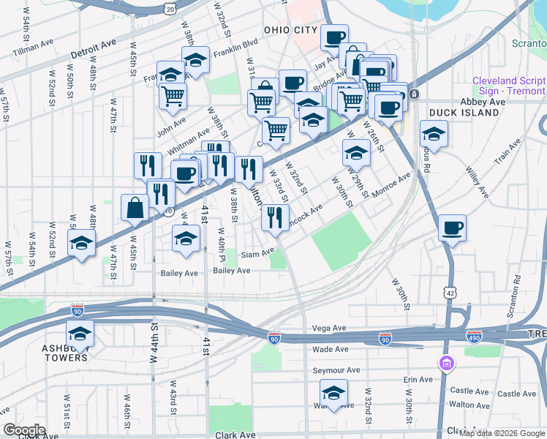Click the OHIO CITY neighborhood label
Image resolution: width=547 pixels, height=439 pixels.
(x=291, y=30)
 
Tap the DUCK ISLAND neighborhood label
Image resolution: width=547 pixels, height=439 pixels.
(x=457, y=112)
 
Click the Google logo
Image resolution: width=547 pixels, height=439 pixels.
(x=24, y=429)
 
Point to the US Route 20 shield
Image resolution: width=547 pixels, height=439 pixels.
(x=170, y=8)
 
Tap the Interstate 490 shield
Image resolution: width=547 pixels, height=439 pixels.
(x=475, y=336)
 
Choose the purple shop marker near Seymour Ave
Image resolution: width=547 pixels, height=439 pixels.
(x=445, y=363)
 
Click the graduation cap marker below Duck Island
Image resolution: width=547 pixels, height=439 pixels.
(x=434, y=135)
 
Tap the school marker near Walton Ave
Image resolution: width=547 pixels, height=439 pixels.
(x=334, y=394)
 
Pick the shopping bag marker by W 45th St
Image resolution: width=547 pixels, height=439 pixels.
(x=136, y=208)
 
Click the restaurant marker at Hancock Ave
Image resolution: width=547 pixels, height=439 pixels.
(x=275, y=217)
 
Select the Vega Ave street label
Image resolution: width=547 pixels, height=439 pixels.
(x=328, y=329)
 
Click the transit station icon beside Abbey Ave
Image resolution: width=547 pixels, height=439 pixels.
(x=414, y=94)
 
